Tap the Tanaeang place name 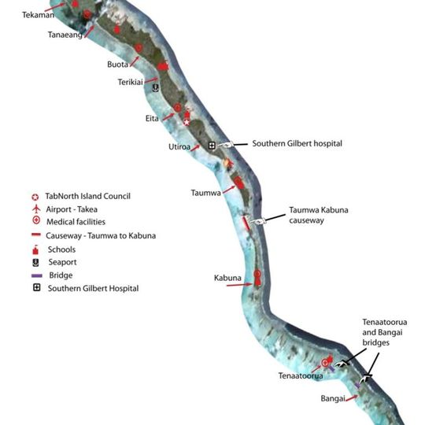65,35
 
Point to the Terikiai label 132,81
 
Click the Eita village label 151,119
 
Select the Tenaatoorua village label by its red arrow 299,377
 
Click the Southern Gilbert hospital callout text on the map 297,144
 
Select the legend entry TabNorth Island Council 87,196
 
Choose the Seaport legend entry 62,262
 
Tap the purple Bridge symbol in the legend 35,275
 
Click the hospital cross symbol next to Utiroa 212,145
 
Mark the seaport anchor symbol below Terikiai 156,88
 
